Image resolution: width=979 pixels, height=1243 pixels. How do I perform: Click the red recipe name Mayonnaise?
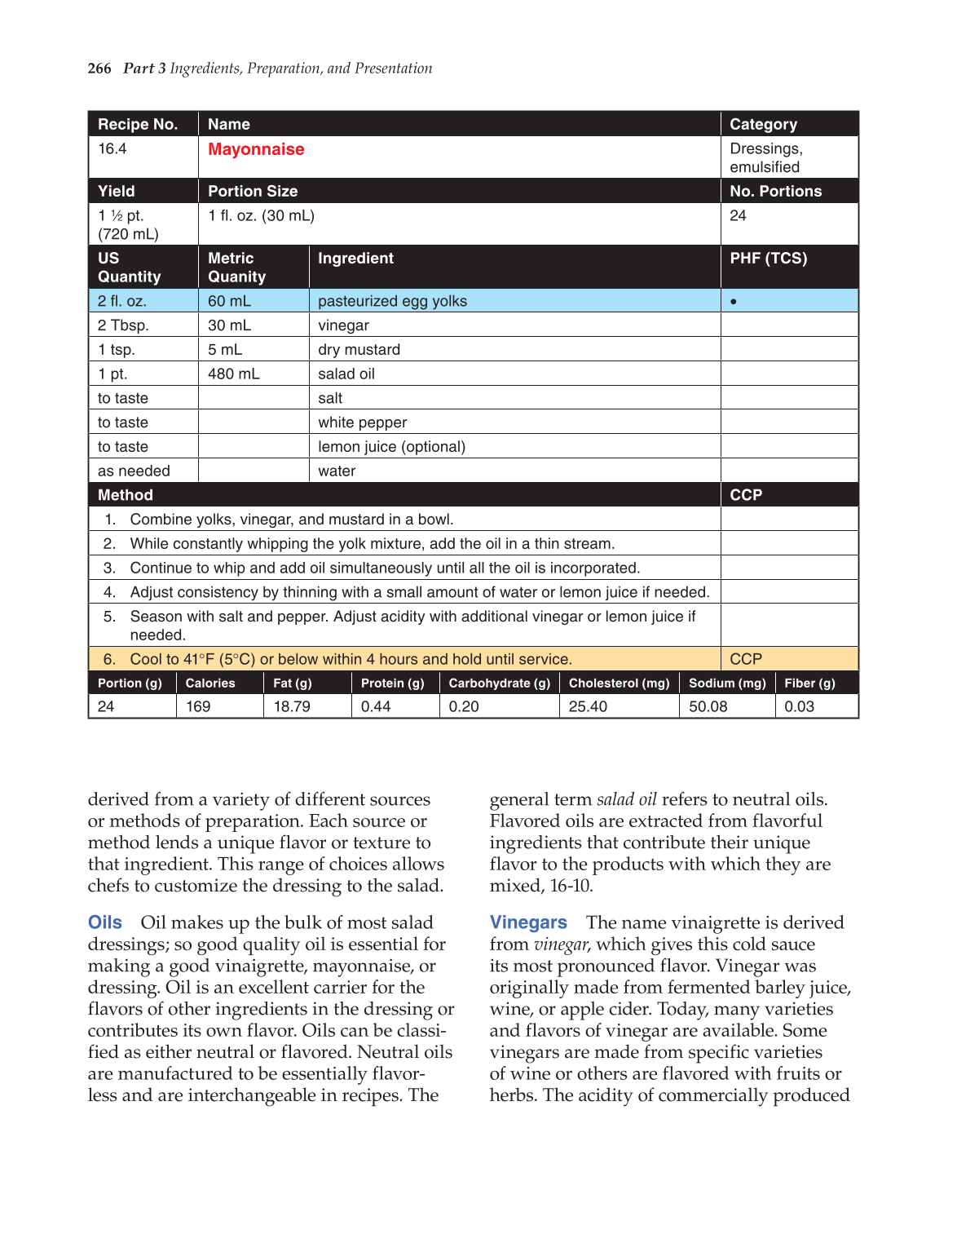coord(256,149)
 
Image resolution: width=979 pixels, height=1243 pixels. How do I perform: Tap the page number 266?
coord(99,69)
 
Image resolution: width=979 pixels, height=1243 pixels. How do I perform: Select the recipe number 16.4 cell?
coord(112,149)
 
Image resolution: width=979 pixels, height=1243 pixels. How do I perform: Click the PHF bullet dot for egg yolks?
coord(734,302)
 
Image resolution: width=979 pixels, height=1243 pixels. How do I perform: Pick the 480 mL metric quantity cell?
coord(233,374)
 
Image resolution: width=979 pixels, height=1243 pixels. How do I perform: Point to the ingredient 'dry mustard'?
coord(359,350)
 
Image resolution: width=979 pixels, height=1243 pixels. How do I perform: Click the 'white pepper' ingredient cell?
coord(362,422)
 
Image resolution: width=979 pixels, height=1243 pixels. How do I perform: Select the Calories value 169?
coord(198,706)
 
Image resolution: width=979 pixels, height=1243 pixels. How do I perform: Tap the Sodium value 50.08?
coord(708,706)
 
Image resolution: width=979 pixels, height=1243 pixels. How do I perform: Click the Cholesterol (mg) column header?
coord(619,683)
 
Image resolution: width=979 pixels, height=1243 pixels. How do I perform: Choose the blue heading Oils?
coord(105,922)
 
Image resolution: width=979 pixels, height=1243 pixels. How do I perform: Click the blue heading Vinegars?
coord(528,922)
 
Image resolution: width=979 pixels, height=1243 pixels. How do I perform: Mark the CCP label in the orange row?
coord(746,659)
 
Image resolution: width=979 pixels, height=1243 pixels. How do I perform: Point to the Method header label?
coord(126,495)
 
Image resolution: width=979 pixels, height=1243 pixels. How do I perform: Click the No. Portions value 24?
coord(738,216)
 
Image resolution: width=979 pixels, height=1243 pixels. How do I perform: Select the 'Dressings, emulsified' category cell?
coord(765,157)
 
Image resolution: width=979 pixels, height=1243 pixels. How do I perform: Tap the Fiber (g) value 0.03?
coord(799,706)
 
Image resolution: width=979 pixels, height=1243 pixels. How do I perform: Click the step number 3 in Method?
coord(109,568)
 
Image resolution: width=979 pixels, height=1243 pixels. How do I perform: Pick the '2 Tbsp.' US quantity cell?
coord(123,325)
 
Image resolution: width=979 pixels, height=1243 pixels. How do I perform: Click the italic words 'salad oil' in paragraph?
coord(626,799)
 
